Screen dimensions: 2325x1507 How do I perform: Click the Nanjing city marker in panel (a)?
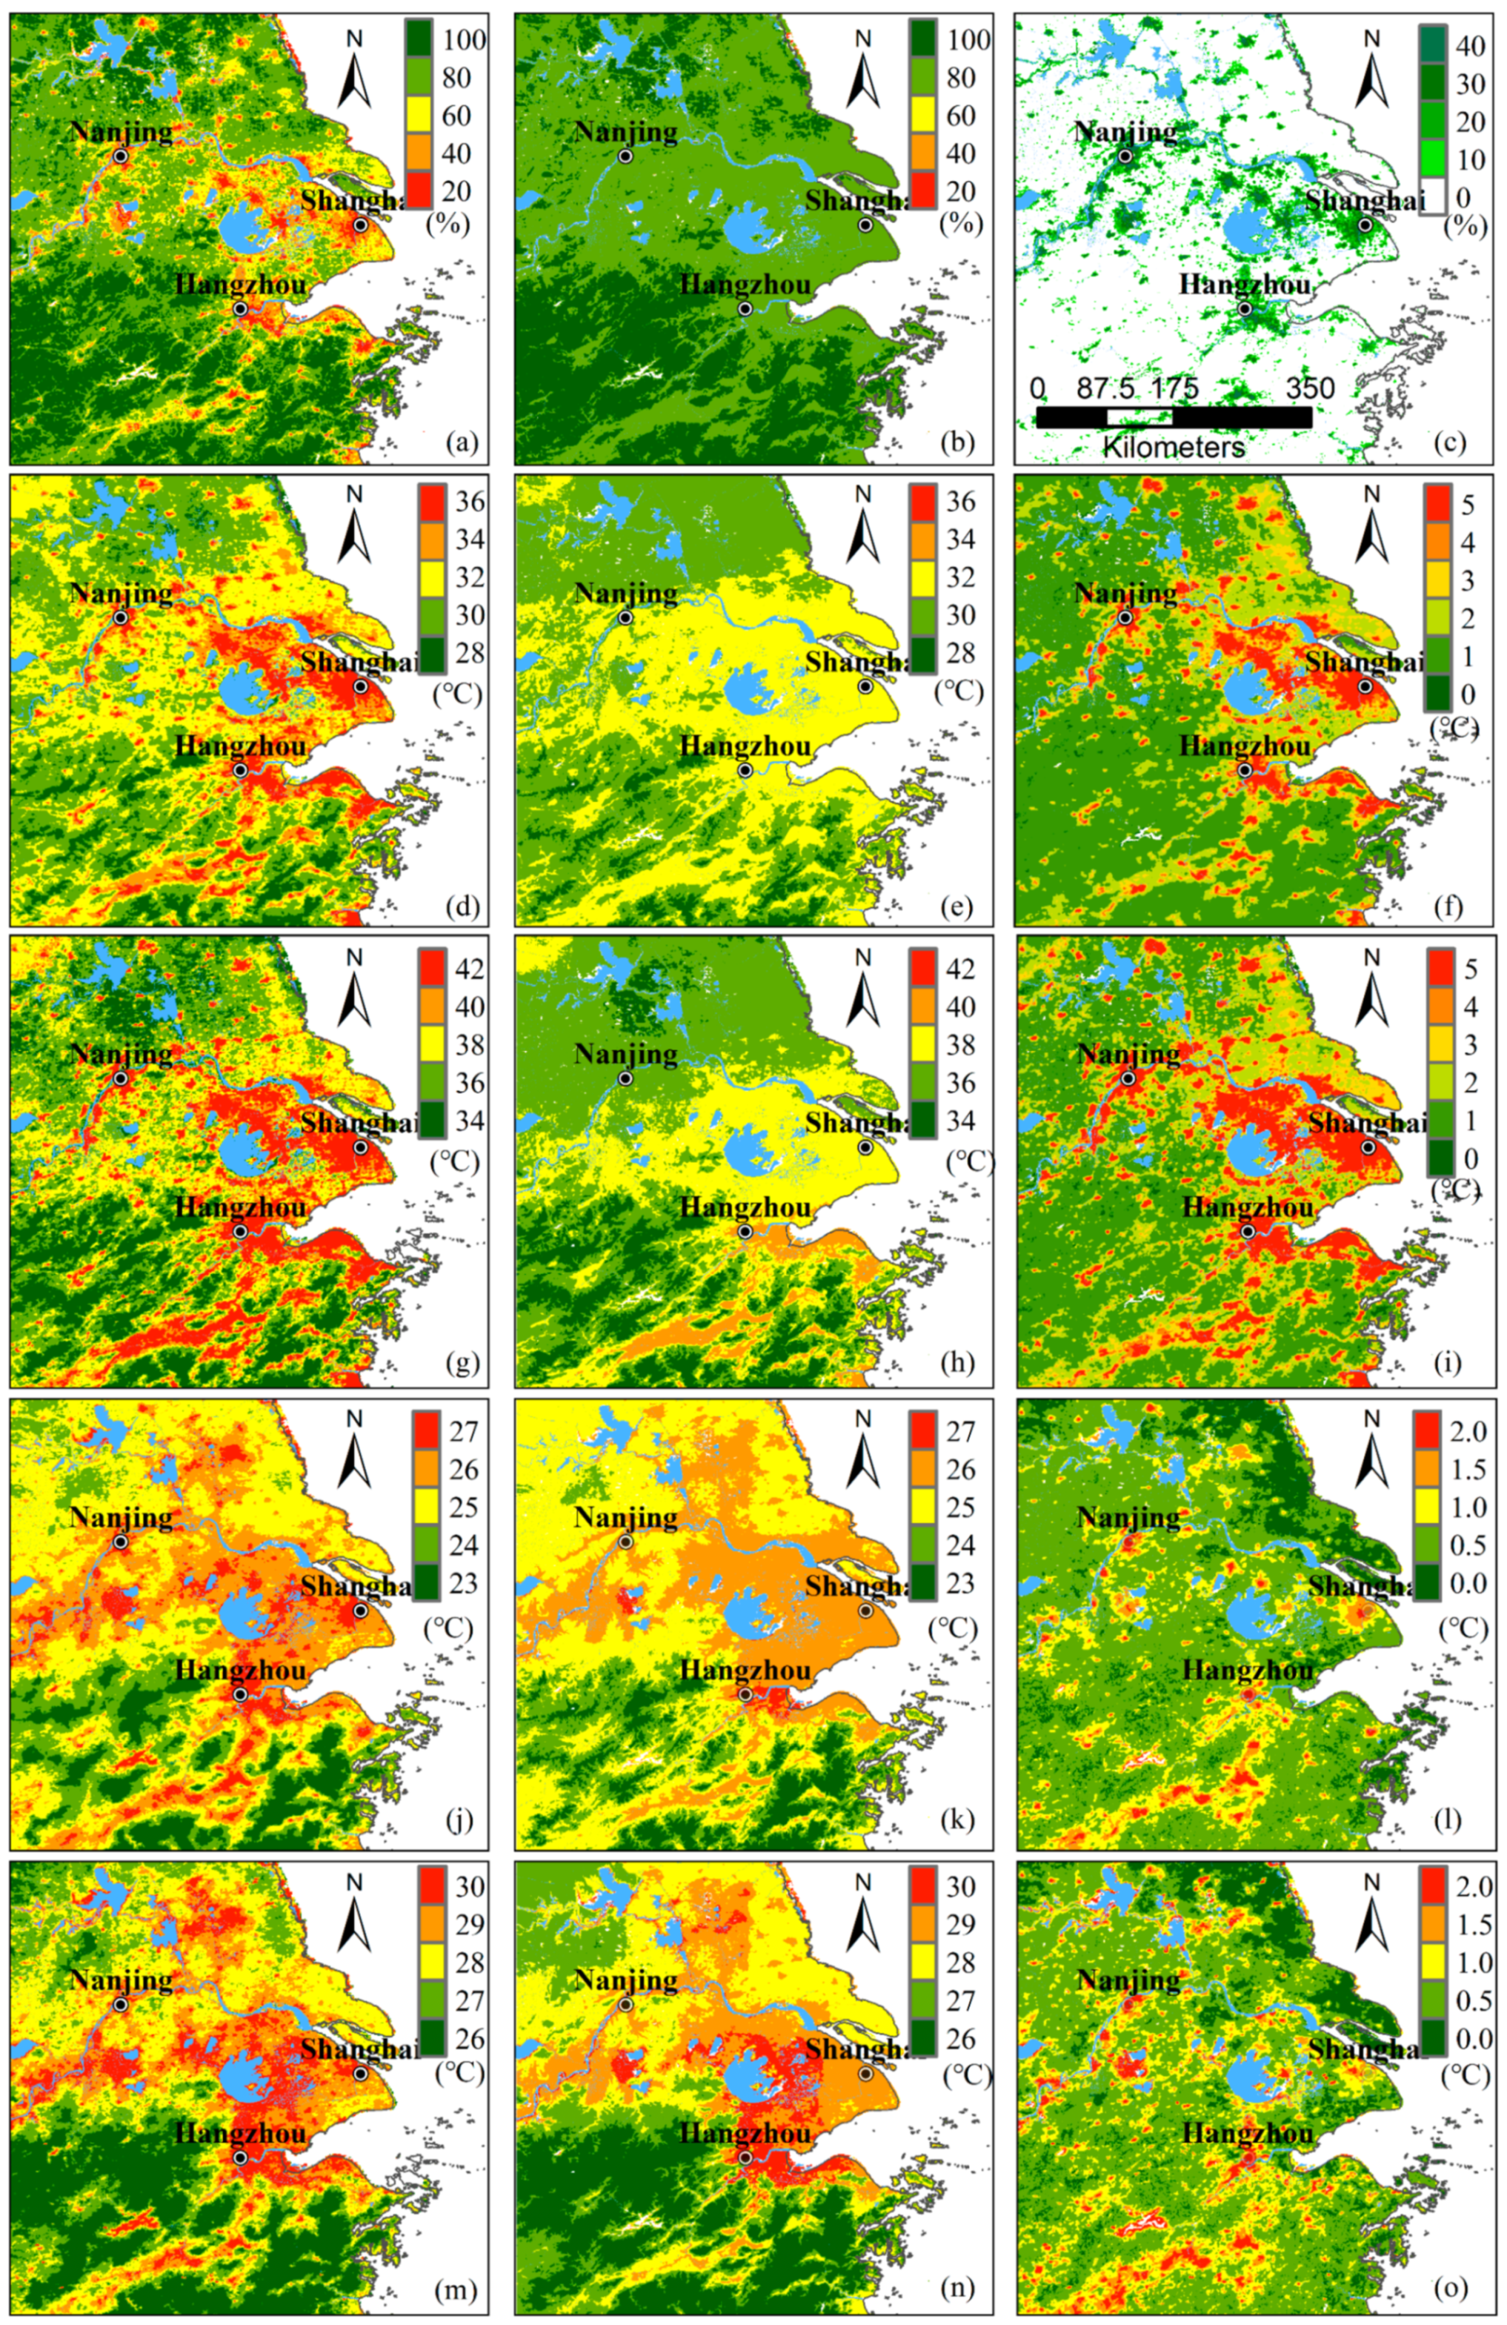(x=120, y=156)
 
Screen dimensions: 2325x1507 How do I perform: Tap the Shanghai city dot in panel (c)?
(x=1365, y=225)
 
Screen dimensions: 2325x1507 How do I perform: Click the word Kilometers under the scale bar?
(x=1173, y=448)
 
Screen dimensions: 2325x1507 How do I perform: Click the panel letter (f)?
(x=1448, y=905)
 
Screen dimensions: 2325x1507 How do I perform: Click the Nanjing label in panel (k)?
(x=625, y=1517)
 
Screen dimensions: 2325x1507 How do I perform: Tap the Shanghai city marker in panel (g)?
(x=360, y=1147)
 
